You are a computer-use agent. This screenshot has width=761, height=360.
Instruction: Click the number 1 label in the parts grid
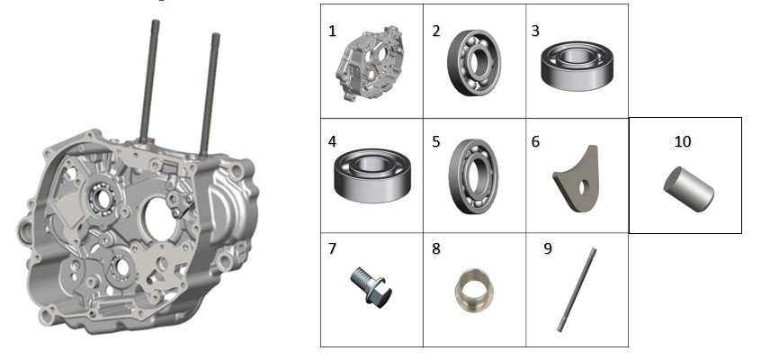coord(332,31)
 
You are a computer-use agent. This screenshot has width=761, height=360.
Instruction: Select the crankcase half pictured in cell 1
coord(370,63)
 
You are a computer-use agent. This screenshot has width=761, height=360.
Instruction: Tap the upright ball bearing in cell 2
coord(474,62)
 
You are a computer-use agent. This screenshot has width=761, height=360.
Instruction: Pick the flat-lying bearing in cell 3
coord(577,66)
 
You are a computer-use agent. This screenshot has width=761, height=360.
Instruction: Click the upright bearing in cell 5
coord(473,176)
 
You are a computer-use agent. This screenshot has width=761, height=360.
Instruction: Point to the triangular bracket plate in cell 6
coord(577,180)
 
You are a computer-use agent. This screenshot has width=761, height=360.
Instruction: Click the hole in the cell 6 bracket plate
coord(583,187)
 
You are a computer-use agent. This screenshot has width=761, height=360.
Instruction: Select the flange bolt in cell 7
coord(371,286)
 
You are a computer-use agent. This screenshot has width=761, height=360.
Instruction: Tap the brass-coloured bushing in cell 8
coord(474,290)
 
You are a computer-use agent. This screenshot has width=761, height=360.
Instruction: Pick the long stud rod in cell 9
coord(577,290)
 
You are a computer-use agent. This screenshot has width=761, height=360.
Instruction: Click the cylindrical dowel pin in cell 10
coord(689,189)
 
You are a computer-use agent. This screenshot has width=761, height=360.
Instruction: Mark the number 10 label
coord(683,141)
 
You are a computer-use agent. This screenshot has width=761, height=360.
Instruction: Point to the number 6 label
coord(535,141)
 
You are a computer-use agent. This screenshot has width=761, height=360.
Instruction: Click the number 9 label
coord(548,248)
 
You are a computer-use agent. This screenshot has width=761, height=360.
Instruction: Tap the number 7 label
coord(332,248)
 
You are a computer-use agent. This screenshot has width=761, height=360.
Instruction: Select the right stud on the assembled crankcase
coord(210,94)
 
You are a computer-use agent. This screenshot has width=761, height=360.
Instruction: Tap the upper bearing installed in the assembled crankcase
coord(103,199)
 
